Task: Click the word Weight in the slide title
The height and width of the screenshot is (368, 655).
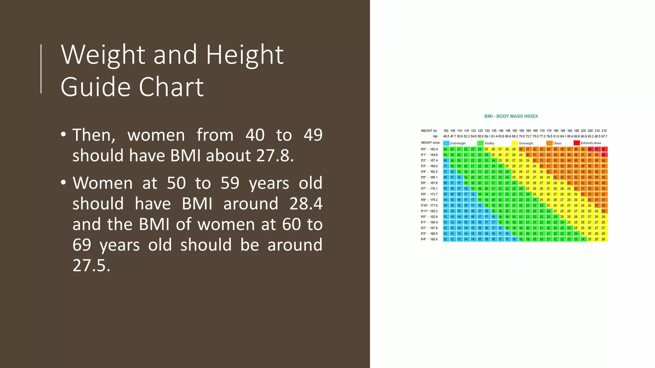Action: click(103, 55)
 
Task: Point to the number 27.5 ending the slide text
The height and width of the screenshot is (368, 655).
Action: click(91, 265)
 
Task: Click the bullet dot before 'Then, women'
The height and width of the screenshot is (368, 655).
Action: click(63, 134)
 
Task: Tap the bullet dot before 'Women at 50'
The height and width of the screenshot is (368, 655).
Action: click(63, 183)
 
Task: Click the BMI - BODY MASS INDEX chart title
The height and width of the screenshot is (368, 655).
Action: click(511, 116)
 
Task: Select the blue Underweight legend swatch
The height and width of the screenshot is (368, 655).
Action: click(446, 143)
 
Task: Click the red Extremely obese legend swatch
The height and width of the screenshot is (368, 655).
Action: click(576, 143)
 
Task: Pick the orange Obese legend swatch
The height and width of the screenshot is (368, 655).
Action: click(549, 143)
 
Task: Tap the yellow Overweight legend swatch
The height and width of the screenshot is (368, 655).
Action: click(515, 143)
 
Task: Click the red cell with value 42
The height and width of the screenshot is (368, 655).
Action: click(604, 149)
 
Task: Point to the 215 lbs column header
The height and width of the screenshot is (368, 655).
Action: click(604, 131)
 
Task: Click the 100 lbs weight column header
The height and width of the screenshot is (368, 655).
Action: click(446, 131)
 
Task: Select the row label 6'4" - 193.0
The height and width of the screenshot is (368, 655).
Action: click(429, 239)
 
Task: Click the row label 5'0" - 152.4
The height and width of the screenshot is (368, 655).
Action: click(429, 149)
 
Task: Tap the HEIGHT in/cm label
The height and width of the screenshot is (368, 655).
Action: click(430, 143)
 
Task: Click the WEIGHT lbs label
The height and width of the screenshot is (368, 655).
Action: click(429, 131)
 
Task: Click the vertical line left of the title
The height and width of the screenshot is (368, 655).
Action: click(41, 69)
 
